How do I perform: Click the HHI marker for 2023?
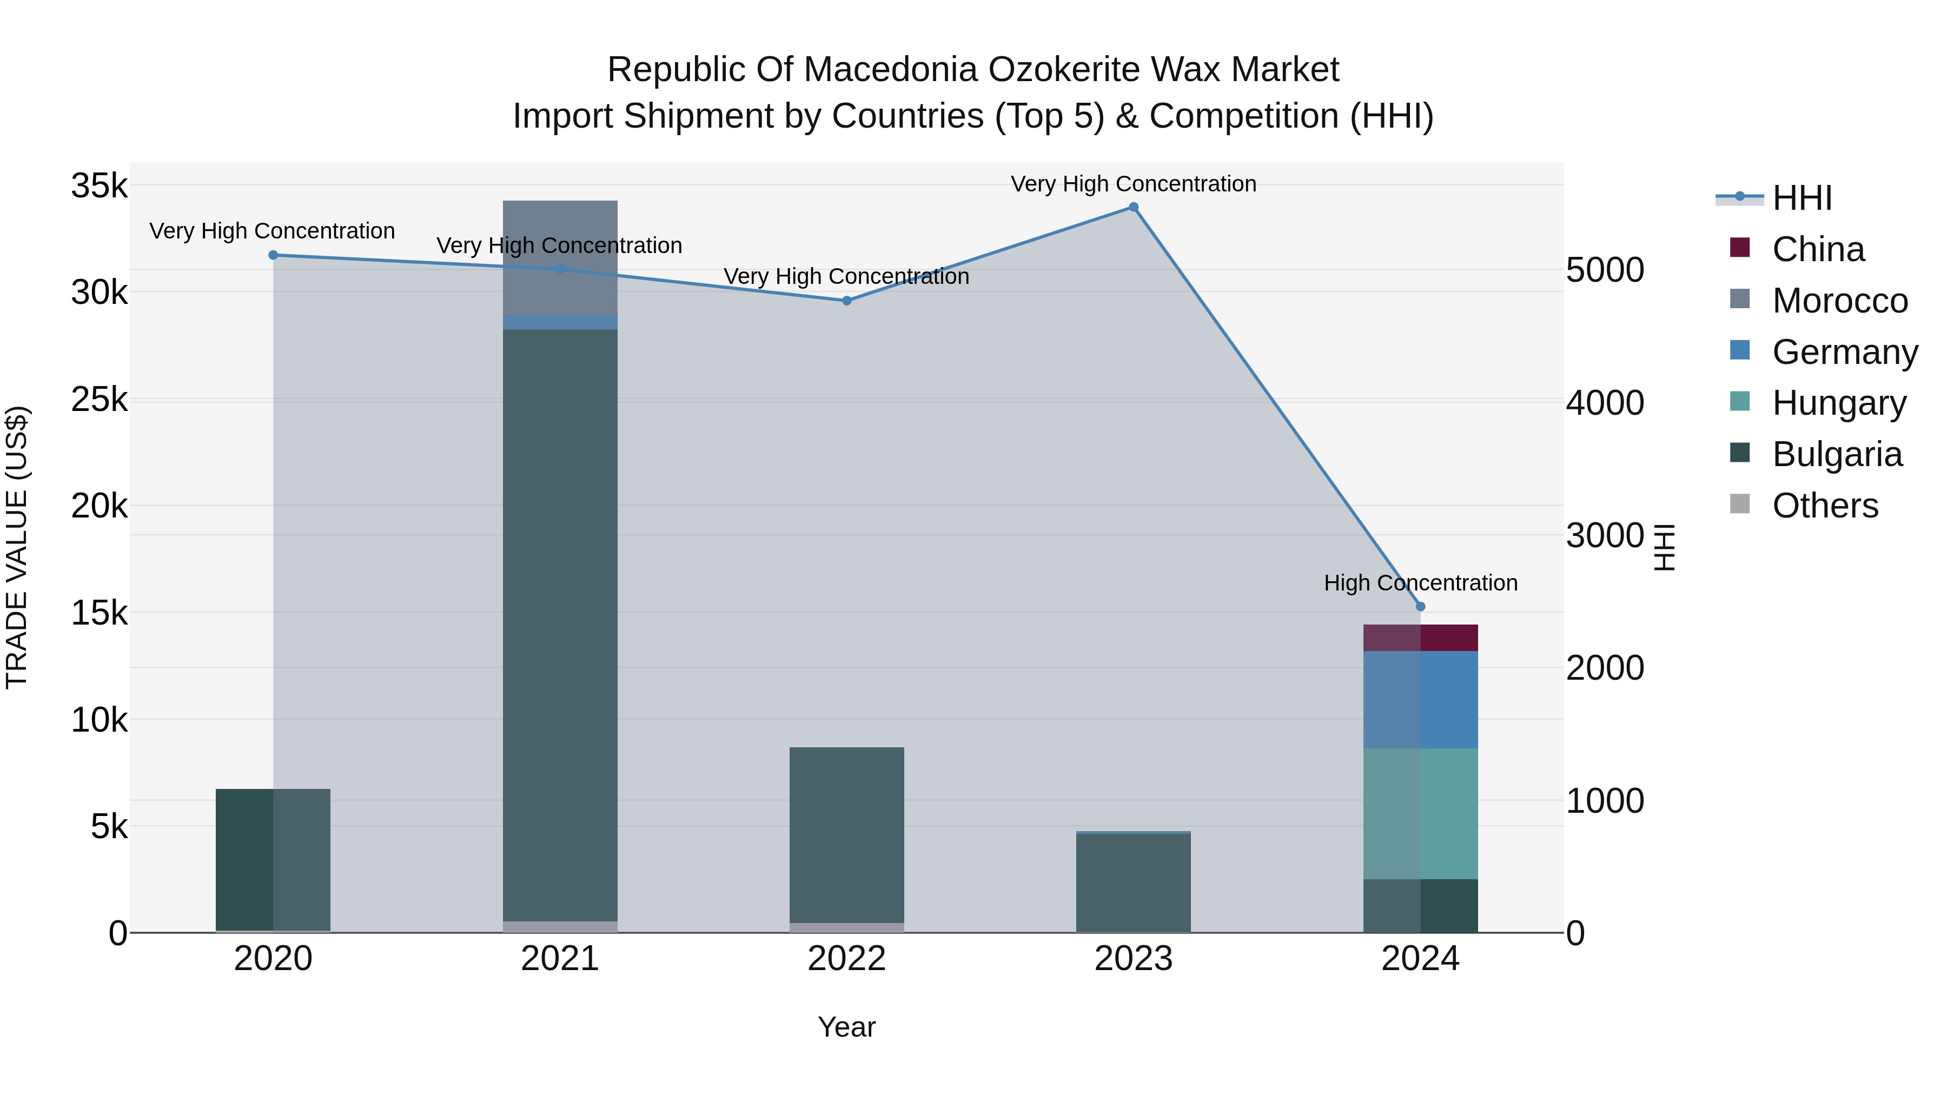(1133, 207)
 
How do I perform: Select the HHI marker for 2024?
(1420, 606)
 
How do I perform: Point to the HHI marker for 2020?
(273, 255)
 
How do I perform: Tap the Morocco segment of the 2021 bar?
(560, 257)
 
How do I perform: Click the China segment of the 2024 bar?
(1420, 638)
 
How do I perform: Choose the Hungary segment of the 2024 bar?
(1420, 814)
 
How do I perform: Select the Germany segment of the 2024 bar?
(1420, 700)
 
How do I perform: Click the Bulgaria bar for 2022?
(846, 835)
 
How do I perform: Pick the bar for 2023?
(1133, 882)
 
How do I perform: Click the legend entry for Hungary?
(1838, 403)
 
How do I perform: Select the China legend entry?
(1818, 249)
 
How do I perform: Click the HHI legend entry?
(1801, 198)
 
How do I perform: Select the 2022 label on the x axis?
(846, 959)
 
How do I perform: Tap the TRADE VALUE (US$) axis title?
(17, 547)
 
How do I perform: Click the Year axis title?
(846, 1027)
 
